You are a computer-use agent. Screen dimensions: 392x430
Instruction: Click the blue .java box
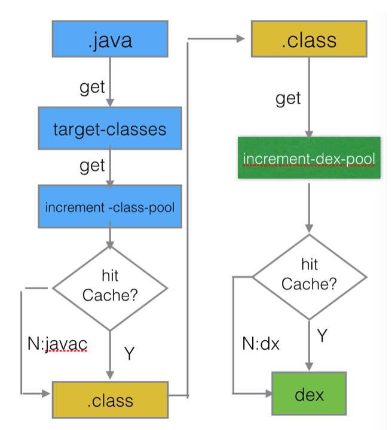click(x=110, y=39)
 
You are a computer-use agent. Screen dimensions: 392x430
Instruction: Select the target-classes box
click(x=110, y=128)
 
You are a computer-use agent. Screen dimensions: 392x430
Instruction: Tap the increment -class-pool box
click(x=110, y=207)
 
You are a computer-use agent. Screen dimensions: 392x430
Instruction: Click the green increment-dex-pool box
click(x=309, y=158)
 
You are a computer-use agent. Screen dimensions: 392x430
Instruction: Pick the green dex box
click(x=309, y=393)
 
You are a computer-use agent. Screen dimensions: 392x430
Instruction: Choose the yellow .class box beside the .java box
click(x=309, y=39)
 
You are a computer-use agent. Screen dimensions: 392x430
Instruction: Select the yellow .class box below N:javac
click(x=110, y=400)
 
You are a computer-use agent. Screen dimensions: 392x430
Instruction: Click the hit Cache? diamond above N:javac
click(x=110, y=288)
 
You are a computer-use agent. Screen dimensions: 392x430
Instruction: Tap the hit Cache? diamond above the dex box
click(x=309, y=277)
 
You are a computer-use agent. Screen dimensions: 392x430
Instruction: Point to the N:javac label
click(x=57, y=344)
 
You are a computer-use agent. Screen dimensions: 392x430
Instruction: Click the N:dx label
click(x=261, y=344)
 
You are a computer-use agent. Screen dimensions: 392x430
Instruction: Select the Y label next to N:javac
click(x=130, y=353)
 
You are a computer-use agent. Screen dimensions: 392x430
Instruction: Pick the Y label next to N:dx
click(x=322, y=335)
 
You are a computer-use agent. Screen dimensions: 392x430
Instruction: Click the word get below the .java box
click(x=92, y=87)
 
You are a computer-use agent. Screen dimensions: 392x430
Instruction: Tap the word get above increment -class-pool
click(x=92, y=166)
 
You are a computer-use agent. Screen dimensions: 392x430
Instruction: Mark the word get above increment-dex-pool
click(x=288, y=98)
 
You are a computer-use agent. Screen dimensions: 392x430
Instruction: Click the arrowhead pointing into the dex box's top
click(x=309, y=367)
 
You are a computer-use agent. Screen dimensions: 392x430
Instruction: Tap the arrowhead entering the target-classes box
click(x=110, y=102)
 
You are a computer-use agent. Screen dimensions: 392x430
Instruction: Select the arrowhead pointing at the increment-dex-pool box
click(x=309, y=134)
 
